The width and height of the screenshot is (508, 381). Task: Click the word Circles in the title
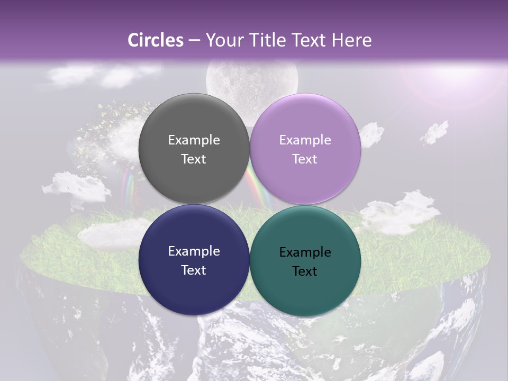[x=155, y=40]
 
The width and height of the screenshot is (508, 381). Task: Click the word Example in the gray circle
[x=194, y=140]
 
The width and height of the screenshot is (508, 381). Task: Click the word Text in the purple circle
[x=305, y=159]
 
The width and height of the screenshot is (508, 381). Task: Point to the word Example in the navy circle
[x=194, y=251]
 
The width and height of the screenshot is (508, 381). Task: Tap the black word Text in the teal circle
[x=305, y=271]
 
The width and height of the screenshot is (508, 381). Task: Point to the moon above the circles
[x=252, y=77]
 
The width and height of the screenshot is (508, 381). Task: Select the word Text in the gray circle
[x=194, y=159]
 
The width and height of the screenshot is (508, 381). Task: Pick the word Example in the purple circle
[x=305, y=140]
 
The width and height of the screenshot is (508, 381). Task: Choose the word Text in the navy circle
[x=194, y=270]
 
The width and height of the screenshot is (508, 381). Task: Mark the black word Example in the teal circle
[x=305, y=252]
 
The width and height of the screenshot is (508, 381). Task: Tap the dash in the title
[x=194, y=40]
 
